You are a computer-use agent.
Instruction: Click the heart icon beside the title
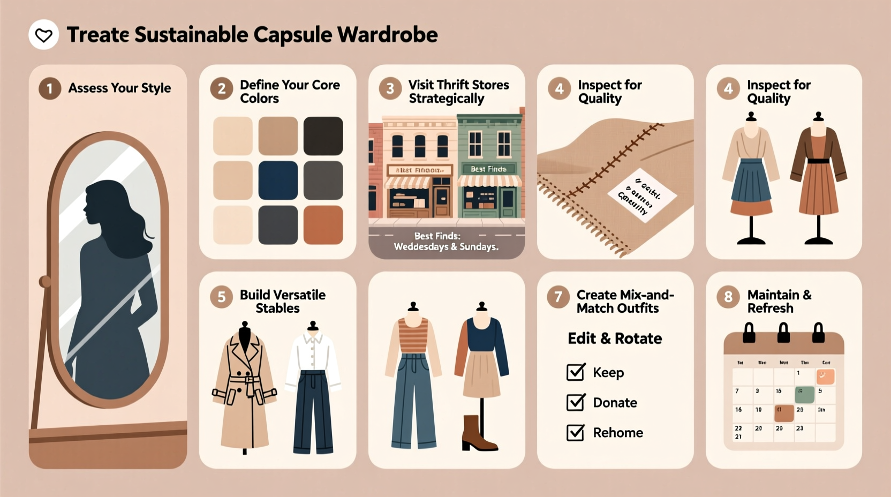tap(43, 35)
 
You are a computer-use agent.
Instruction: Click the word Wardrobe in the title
tap(387, 35)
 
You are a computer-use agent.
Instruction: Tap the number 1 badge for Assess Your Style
tap(50, 88)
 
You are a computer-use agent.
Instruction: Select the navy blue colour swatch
tap(278, 180)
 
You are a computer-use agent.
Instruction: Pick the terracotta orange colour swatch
tap(323, 225)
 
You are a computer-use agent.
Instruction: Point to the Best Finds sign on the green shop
tap(488, 169)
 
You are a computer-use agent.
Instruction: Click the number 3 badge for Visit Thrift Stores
tap(390, 88)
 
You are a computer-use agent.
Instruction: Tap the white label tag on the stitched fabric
tap(642, 195)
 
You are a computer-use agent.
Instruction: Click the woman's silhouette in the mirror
tap(115, 284)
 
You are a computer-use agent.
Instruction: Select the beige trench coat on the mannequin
tap(245, 391)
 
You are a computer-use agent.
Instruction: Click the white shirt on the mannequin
tap(313, 356)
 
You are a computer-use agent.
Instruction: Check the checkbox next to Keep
tap(576, 372)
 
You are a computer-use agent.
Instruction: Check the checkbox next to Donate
tap(576, 402)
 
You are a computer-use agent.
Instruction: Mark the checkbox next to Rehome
tap(576, 432)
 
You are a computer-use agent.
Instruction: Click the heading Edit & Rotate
tap(615, 338)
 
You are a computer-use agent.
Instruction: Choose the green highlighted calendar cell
tap(804, 394)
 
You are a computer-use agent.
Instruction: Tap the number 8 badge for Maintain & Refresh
tap(728, 297)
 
